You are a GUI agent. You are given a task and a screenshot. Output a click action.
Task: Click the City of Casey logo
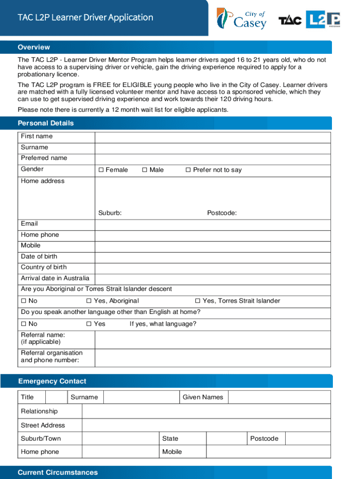pyautogui.click(x=241, y=19)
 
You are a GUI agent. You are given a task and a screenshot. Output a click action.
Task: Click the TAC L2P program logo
pyautogui.click(x=310, y=20)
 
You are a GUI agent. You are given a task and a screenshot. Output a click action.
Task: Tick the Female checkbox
pyautogui.click(x=101, y=170)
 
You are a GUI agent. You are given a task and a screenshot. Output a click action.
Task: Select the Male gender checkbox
pyautogui.click(x=144, y=170)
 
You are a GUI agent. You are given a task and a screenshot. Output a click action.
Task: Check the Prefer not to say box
pyautogui.click(x=188, y=170)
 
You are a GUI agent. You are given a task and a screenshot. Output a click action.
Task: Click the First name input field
pyautogui.click(x=213, y=137)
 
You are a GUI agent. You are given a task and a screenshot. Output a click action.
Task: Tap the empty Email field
pyautogui.click(x=213, y=224)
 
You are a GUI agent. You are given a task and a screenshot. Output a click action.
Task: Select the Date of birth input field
pyautogui.click(x=213, y=257)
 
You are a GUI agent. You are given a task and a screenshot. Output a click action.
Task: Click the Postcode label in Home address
pyautogui.click(x=222, y=213)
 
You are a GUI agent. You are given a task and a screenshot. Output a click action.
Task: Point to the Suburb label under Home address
pyautogui.click(x=110, y=213)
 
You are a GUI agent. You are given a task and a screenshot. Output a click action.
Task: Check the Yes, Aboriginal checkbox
pyautogui.click(x=89, y=301)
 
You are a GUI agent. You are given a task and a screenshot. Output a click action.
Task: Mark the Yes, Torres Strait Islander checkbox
pyautogui.click(x=197, y=301)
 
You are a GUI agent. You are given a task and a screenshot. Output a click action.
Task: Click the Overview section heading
pyautogui.click(x=34, y=47)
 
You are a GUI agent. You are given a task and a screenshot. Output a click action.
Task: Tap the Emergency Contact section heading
pyautogui.click(x=52, y=381)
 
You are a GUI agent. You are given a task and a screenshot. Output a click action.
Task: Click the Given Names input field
pyautogui.click(x=279, y=397)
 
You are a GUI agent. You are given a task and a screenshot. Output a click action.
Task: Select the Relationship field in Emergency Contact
pyautogui.click(x=206, y=411)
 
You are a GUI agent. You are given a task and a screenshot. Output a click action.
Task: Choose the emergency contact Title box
pyautogui.click(x=57, y=397)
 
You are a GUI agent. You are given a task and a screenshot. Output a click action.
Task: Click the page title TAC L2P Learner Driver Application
pyautogui.click(x=85, y=18)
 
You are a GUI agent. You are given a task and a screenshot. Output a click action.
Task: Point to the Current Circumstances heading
pyautogui.click(x=58, y=472)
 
